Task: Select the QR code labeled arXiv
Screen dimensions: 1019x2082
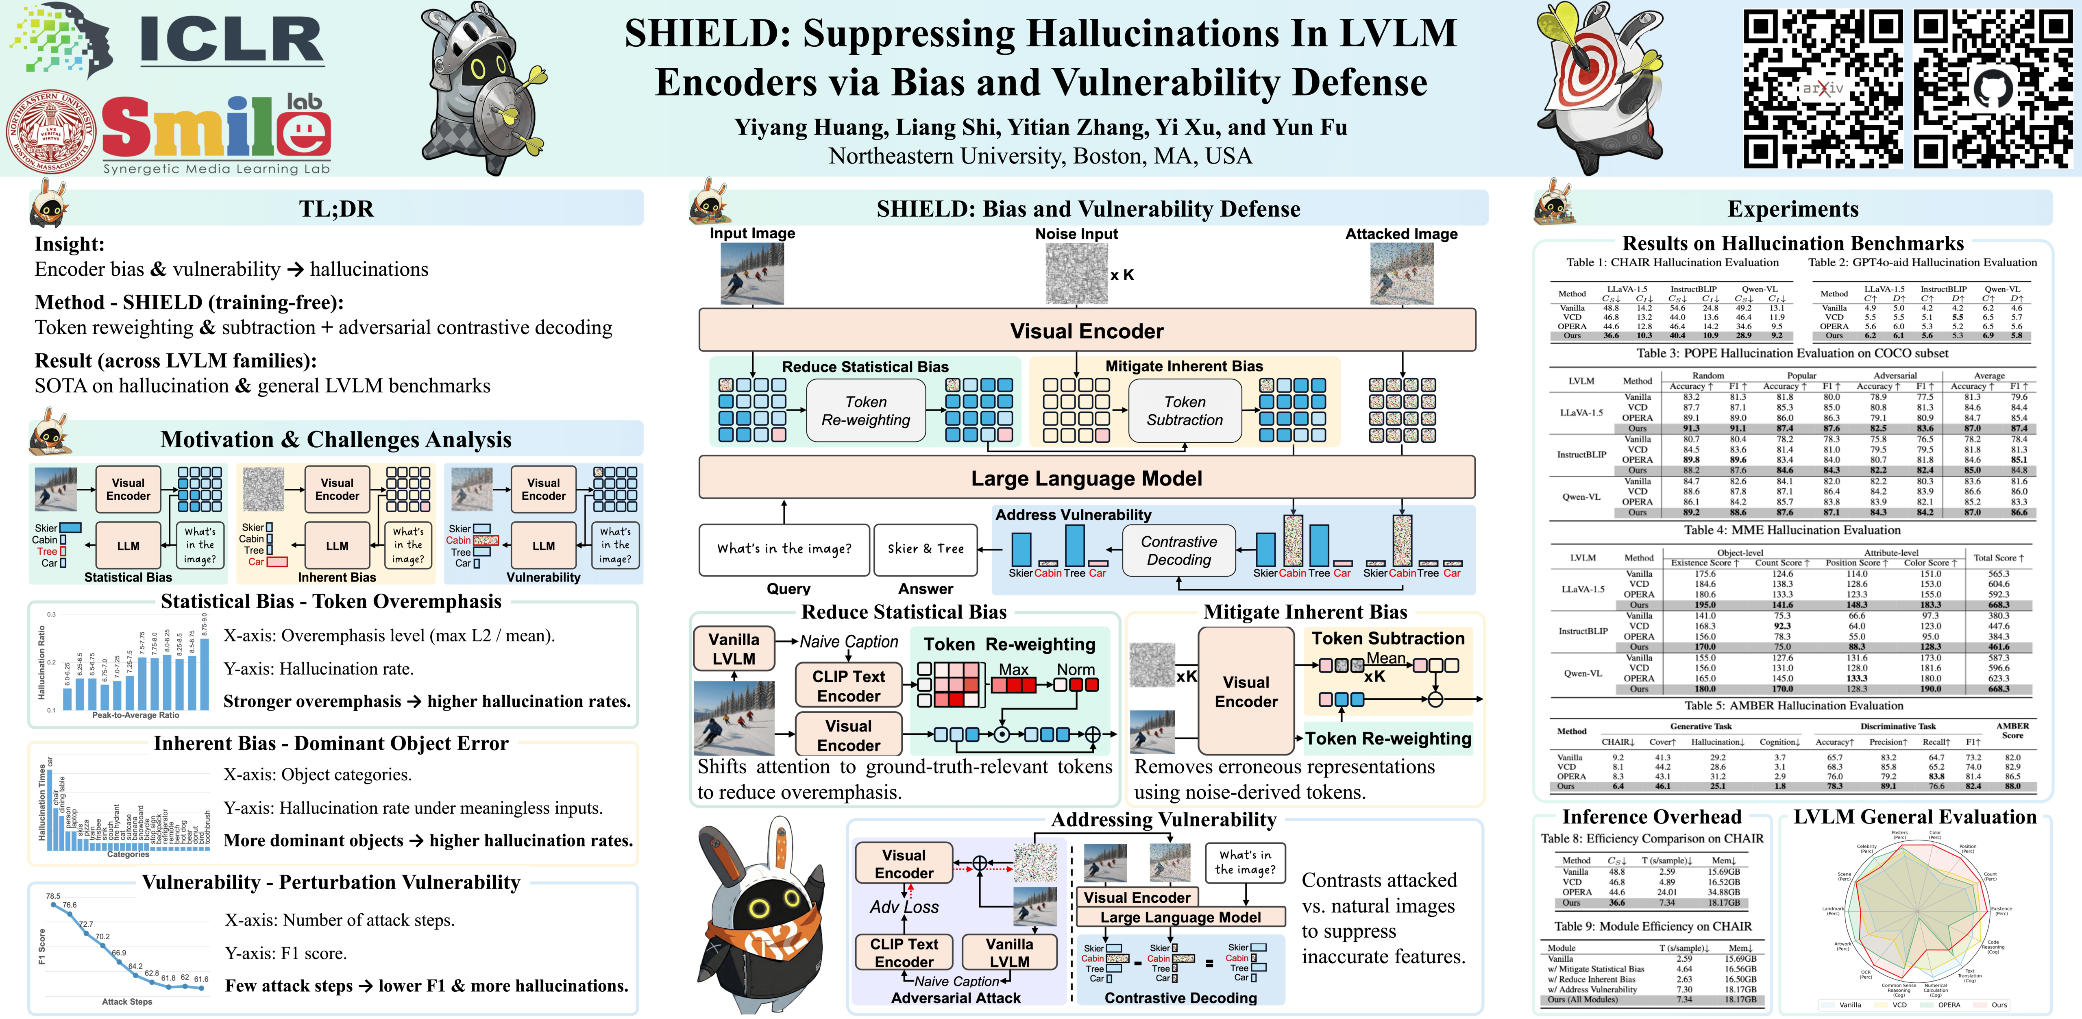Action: pos(1823,89)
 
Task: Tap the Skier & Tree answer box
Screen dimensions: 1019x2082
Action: pos(926,549)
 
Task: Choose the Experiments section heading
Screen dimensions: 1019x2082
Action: pos(1792,209)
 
